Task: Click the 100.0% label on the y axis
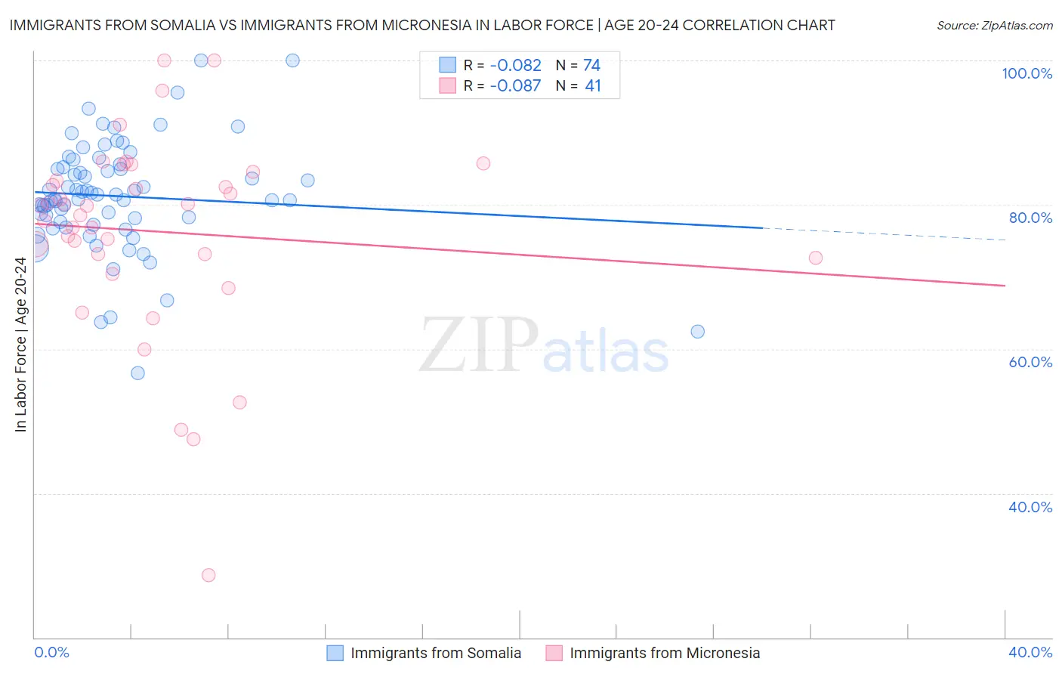[1026, 73]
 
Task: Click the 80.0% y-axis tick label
[1030, 218]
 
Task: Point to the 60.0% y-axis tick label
[1030, 362]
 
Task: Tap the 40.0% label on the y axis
[1030, 507]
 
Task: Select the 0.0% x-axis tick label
[51, 652]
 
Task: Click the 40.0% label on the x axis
[1030, 652]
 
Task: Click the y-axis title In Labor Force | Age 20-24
[20, 345]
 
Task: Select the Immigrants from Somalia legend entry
[435, 653]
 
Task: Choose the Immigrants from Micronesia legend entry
[664, 653]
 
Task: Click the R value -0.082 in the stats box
[515, 66]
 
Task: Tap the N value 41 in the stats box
[593, 86]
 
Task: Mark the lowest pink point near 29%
[208, 575]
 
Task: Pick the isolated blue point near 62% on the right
[698, 332]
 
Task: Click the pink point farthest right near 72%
[816, 258]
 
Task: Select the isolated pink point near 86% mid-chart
[483, 163]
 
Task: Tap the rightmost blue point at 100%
[293, 60]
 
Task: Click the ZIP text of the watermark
[478, 345]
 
